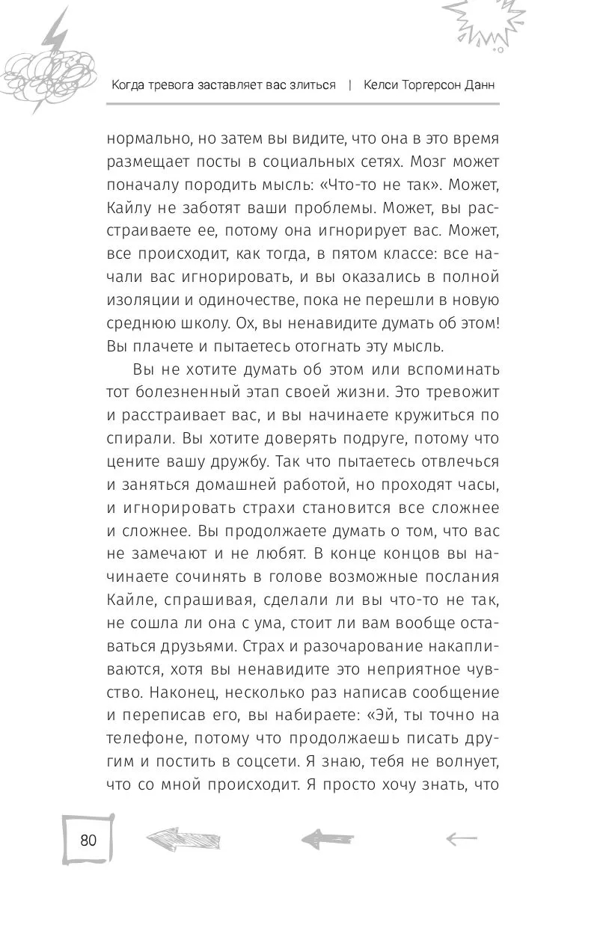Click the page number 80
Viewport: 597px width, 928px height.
(88, 840)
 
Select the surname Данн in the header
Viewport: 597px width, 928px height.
(477, 84)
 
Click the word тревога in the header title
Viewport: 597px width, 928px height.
(174, 84)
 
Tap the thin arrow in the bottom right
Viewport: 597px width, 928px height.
(460, 839)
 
